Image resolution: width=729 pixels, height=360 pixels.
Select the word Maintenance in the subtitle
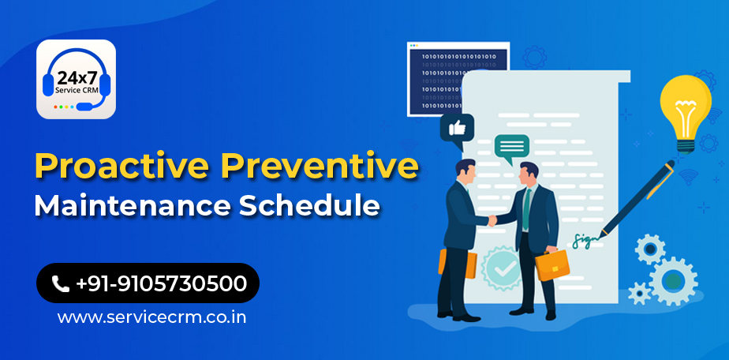click(x=132, y=205)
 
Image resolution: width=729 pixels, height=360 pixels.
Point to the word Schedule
click(x=308, y=205)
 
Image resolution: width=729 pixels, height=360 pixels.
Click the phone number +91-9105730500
click(x=160, y=283)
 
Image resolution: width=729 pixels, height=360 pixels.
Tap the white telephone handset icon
click(x=60, y=283)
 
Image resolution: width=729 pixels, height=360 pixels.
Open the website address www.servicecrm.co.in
click(x=151, y=317)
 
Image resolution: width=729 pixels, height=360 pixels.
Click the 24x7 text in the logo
click(x=76, y=77)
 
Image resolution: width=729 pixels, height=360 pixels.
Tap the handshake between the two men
click(x=492, y=219)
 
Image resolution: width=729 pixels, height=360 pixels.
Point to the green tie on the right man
click(x=526, y=209)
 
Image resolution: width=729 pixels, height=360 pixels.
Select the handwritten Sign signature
click(x=585, y=239)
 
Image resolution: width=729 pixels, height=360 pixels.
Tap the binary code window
click(x=458, y=79)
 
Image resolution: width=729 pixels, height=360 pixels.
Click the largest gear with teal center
click(x=673, y=281)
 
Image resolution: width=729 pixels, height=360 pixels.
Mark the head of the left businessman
click(x=465, y=171)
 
